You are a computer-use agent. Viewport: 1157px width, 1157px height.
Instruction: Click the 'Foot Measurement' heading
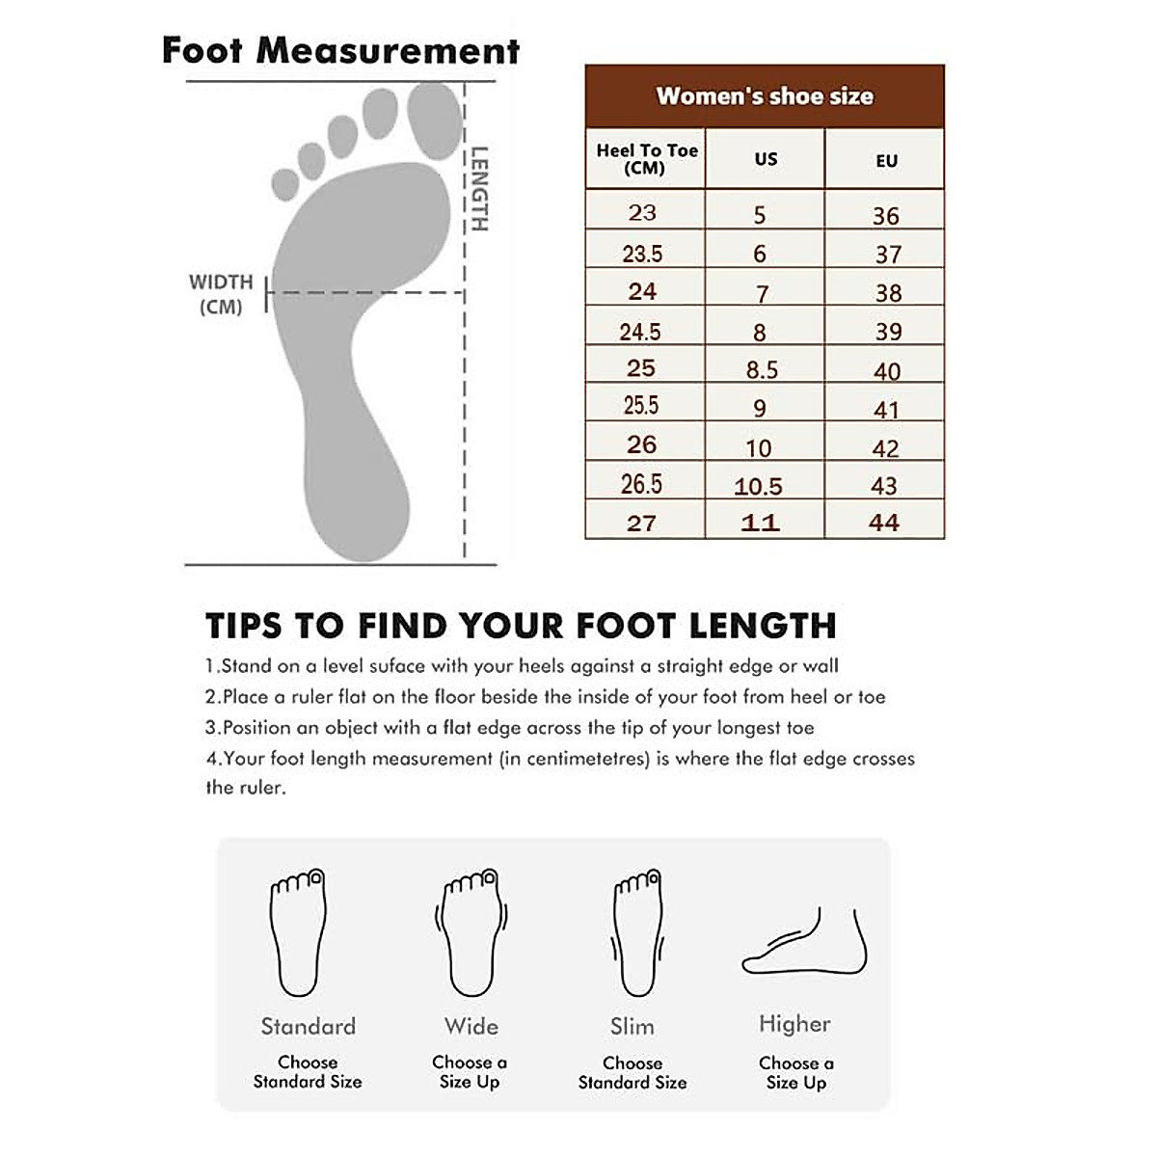point(340,50)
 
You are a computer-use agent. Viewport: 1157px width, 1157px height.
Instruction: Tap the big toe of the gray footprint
point(435,120)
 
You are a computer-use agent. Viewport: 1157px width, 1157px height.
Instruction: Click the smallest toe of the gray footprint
point(285,183)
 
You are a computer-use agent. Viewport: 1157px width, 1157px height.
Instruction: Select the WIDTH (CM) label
point(221,294)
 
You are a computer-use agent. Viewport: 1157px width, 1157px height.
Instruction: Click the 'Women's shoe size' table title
point(765,96)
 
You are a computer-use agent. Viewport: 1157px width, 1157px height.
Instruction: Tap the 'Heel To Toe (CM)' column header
point(646,159)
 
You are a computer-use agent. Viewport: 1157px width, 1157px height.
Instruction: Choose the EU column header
point(886,161)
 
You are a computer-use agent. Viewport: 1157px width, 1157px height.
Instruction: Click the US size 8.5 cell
point(762,369)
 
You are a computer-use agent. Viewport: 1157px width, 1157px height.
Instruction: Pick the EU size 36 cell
point(885,216)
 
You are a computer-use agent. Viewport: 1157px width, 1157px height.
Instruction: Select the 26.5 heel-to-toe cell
point(641,484)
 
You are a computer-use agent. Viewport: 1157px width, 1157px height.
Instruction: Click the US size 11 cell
point(760,523)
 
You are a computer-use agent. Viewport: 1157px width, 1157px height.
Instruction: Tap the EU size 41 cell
point(885,410)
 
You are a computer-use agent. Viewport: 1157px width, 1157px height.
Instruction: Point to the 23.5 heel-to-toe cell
point(642,254)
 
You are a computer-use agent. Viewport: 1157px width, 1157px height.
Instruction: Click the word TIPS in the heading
point(246,626)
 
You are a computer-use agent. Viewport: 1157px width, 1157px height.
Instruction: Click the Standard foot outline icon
point(299,932)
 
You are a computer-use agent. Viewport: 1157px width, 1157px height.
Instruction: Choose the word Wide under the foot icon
point(471,1026)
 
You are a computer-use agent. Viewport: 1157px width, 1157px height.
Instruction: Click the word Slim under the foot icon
point(632,1027)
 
